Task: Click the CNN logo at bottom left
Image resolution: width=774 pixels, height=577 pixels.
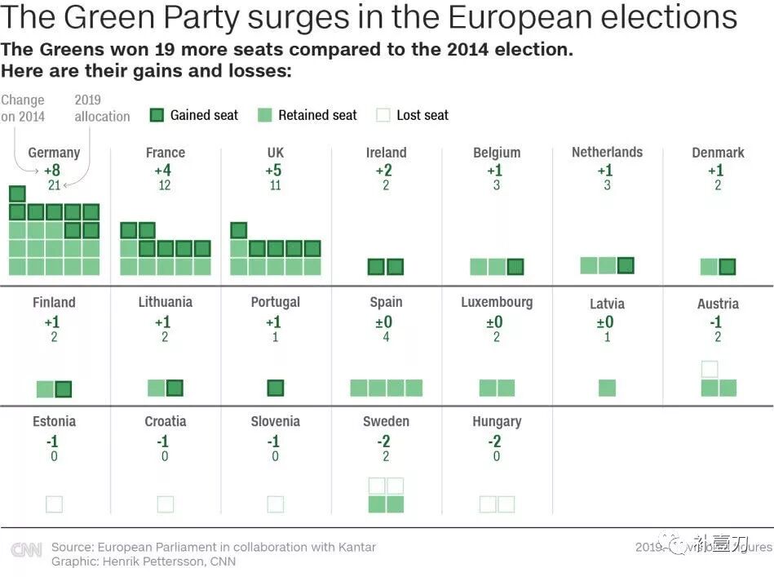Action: pos(26,550)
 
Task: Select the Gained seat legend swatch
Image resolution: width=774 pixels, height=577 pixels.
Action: pos(157,115)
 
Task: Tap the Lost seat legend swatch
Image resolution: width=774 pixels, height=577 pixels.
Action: pos(383,115)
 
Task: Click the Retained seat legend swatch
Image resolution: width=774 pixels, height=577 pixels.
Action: pos(265,115)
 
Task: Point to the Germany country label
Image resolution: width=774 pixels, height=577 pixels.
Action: pos(54,153)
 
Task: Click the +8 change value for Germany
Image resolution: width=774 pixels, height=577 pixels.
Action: pos(52,171)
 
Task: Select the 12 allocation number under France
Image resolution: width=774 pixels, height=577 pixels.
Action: pos(165,185)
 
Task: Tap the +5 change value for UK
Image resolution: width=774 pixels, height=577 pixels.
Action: pos(275,171)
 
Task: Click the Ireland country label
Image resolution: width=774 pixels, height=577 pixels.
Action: pos(386,153)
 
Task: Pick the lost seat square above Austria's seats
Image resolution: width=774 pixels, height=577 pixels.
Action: pos(710,370)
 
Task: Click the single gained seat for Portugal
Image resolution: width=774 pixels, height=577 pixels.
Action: pos(276,388)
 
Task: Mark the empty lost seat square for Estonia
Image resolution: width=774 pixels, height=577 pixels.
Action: pos(55,504)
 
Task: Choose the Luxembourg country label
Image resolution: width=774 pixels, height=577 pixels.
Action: pos(496,302)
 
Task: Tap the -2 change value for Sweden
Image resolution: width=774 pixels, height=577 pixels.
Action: pos(386,442)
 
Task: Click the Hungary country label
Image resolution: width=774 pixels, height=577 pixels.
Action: pos(496,422)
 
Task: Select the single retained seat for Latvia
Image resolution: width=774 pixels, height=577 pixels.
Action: pos(607,388)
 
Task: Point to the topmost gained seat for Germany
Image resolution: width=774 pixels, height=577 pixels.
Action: pos(17,193)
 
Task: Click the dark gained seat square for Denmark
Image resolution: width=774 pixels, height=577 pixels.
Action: pos(728,267)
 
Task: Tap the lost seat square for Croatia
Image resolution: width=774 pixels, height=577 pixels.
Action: pos(165,504)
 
